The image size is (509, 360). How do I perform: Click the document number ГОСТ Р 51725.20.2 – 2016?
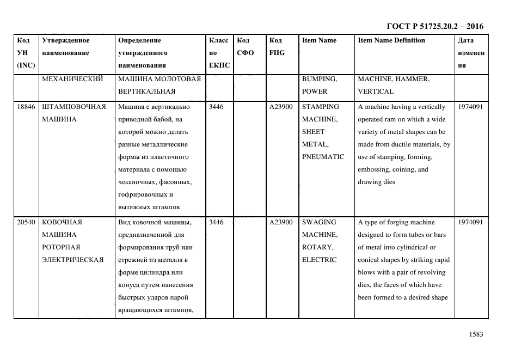(x=434, y=26)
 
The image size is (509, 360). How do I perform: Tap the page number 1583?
(x=476, y=334)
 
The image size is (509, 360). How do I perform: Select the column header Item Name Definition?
(x=391, y=40)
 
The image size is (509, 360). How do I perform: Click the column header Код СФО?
(x=243, y=46)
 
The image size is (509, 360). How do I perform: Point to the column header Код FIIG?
(x=277, y=46)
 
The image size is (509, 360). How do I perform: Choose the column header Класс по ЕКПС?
(x=219, y=53)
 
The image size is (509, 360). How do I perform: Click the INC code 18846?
(x=26, y=107)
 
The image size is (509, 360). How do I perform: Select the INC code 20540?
(x=26, y=222)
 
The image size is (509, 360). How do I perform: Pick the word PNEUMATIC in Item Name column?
(x=323, y=157)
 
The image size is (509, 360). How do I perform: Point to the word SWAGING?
(x=319, y=222)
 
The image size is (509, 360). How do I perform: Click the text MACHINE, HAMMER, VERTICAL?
(x=393, y=85)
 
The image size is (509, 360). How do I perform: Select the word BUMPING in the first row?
(x=319, y=79)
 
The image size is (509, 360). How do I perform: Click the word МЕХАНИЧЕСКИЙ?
(x=72, y=79)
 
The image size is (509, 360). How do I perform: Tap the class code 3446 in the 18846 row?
(x=216, y=107)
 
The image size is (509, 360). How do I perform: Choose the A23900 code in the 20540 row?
(x=281, y=222)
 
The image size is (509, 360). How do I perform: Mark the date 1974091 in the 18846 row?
(x=470, y=107)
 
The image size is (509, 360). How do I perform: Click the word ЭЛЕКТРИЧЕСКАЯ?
(x=72, y=260)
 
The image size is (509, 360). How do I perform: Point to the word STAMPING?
(x=320, y=107)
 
